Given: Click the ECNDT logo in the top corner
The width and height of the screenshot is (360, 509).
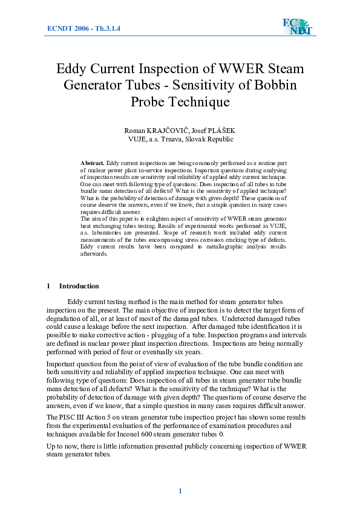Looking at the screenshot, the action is (x=296, y=27).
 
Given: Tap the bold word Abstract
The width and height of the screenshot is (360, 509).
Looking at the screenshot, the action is (x=92, y=163).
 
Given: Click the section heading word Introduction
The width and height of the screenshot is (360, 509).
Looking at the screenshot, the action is (x=79, y=286).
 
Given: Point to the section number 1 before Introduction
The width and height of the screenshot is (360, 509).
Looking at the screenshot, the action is (x=48, y=286).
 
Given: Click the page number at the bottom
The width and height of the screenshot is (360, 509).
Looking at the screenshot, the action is (x=180, y=491).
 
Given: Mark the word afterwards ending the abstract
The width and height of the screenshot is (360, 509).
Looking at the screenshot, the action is (x=94, y=254).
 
